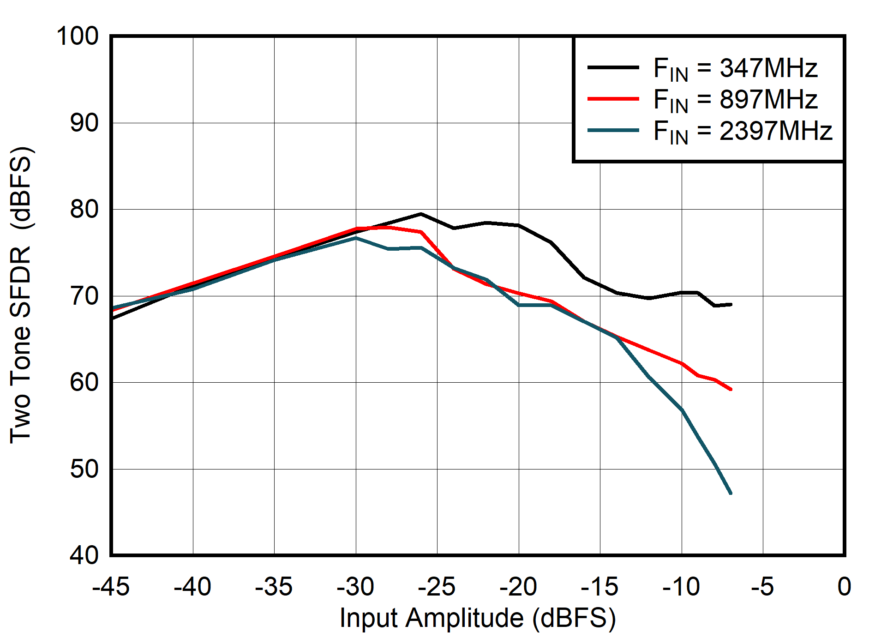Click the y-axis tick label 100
(78, 36)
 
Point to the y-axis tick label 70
(84, 296)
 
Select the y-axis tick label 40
(84, 555)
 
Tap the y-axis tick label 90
(84, 123)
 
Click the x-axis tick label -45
(111, 587)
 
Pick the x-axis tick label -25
(437, 587)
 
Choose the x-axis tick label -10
(681, 587)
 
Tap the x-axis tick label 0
(844, 587)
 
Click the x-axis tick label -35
(274, 587)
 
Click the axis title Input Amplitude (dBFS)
(478, 618)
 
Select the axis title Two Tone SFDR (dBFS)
(21, 295)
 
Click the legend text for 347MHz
(735, 68)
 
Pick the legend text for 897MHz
(735, 100)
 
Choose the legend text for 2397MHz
(742, 131)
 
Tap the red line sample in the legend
(613, 99)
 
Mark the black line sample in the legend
(613, 67)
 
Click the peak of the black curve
(420, 214)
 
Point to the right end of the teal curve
(731, 494)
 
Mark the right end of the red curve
(731, 389)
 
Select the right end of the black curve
(731, 304)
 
